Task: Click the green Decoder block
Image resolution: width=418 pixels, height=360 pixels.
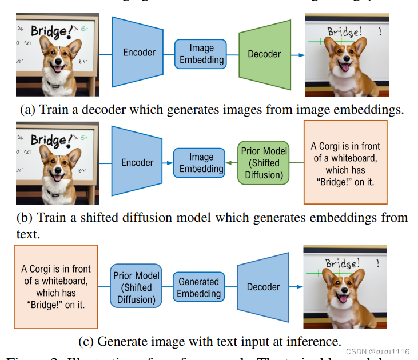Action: pos(264,54)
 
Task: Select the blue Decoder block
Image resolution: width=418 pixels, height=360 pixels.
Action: pos(263,287)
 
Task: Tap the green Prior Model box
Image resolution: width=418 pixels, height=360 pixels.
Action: pos(264,163)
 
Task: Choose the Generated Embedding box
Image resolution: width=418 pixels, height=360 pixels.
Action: pos(198,287)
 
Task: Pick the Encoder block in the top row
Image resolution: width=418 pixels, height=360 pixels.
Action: pos(139,53)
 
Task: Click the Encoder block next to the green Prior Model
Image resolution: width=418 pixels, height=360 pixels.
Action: pos(138,163)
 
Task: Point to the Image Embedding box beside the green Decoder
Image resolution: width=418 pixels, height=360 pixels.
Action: pos(201,54)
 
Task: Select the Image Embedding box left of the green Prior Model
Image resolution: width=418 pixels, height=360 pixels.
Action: pos(201,163)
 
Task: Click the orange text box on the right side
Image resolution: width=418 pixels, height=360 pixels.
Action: pos(345,162)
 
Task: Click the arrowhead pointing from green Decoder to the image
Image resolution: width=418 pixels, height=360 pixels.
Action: pos(301,55)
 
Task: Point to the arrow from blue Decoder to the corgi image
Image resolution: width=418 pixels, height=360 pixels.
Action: pos(294,287)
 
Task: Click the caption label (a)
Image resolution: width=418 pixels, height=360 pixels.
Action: pos(27,110)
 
